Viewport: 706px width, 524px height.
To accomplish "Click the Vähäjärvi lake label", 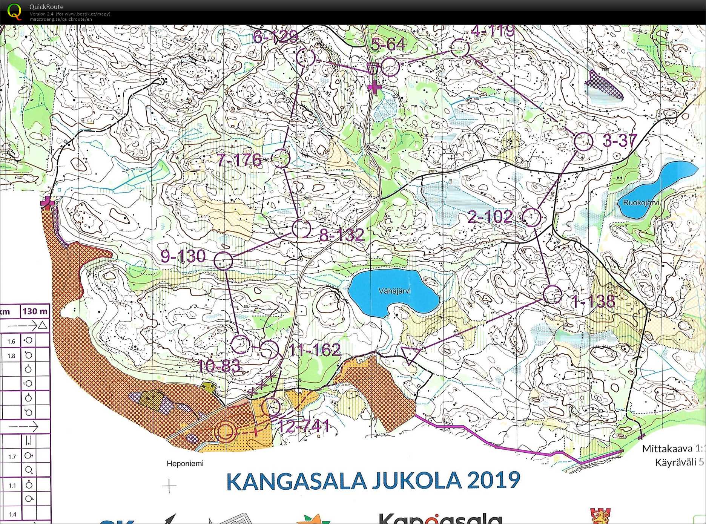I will point(394,291).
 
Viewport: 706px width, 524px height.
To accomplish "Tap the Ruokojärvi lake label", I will point(641,203).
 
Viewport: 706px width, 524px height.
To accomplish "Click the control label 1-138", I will point(593,301).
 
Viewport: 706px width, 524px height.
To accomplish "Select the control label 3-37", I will point(620,141).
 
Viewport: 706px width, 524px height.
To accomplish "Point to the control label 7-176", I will point(239,160).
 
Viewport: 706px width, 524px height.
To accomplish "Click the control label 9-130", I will point(183,256).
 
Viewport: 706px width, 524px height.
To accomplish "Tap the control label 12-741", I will point(303,426).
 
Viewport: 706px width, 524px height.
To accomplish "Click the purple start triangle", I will point(410,354).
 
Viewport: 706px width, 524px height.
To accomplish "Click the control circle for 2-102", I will point(532,217).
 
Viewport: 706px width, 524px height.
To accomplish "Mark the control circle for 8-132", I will point(301,228).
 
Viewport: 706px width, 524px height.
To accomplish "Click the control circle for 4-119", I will point(460,48).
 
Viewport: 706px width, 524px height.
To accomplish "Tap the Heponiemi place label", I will point(185,463).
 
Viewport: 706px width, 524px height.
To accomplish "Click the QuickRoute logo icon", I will point(14,11).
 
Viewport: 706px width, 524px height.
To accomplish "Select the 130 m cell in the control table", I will point(35,311).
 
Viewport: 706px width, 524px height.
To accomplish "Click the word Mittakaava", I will point(667,449).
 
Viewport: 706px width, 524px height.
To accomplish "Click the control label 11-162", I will point(315,350).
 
